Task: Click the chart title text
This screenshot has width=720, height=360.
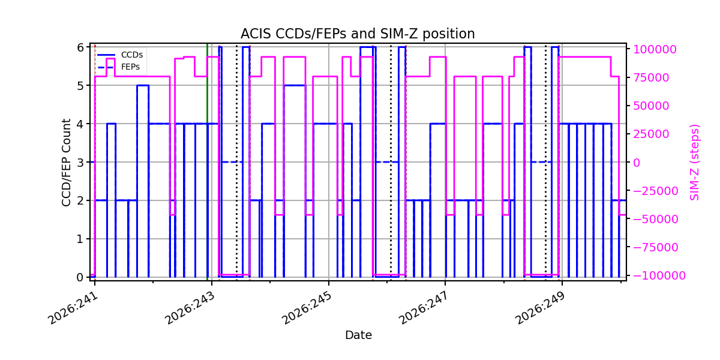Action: click(358, 34)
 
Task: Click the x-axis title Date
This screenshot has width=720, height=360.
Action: click(358, 335)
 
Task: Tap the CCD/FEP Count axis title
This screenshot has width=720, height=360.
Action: click(66, 163)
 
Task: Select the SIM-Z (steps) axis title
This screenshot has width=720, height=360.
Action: click(694, 163)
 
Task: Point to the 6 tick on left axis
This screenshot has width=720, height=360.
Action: click(80, 47)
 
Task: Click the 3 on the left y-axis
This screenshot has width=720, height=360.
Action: click(80, 163)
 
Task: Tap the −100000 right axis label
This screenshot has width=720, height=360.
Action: click(659, 275)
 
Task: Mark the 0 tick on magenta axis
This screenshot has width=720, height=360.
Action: click(637, 163)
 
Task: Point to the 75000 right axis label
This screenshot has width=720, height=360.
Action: click(651, 78)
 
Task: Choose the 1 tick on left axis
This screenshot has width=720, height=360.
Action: click(80, 239)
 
